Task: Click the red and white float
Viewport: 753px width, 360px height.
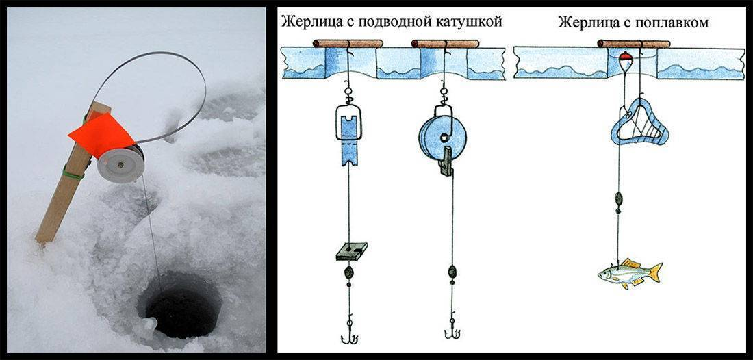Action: tap(624, 60)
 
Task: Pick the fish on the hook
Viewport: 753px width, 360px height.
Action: tap(629, 272)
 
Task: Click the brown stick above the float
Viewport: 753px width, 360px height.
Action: tap(633, 44)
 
